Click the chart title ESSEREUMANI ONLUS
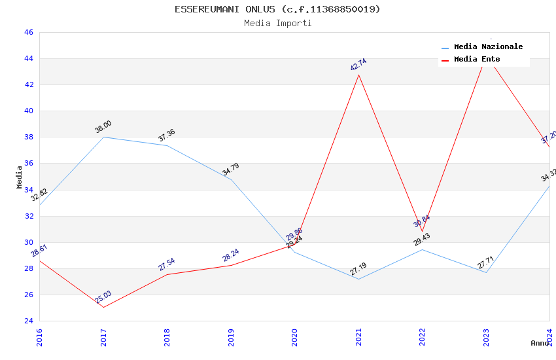[277, 9]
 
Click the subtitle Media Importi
[277, 23]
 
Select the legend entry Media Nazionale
[488, 46]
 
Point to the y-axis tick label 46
[28, 32]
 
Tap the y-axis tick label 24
[28, 321]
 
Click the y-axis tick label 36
[28, 164]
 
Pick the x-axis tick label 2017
[103, 338]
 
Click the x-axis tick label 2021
[358, 338]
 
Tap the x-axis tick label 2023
[486, 338]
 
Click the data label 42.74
[358, 65]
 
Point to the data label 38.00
[103, 127]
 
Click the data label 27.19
[358, 269]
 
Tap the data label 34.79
[231, 170]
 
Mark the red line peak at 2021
[358, 75]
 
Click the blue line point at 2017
[103, 137]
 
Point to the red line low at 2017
[103, 307]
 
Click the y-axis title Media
[20, 177]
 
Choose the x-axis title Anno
[540, 343]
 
